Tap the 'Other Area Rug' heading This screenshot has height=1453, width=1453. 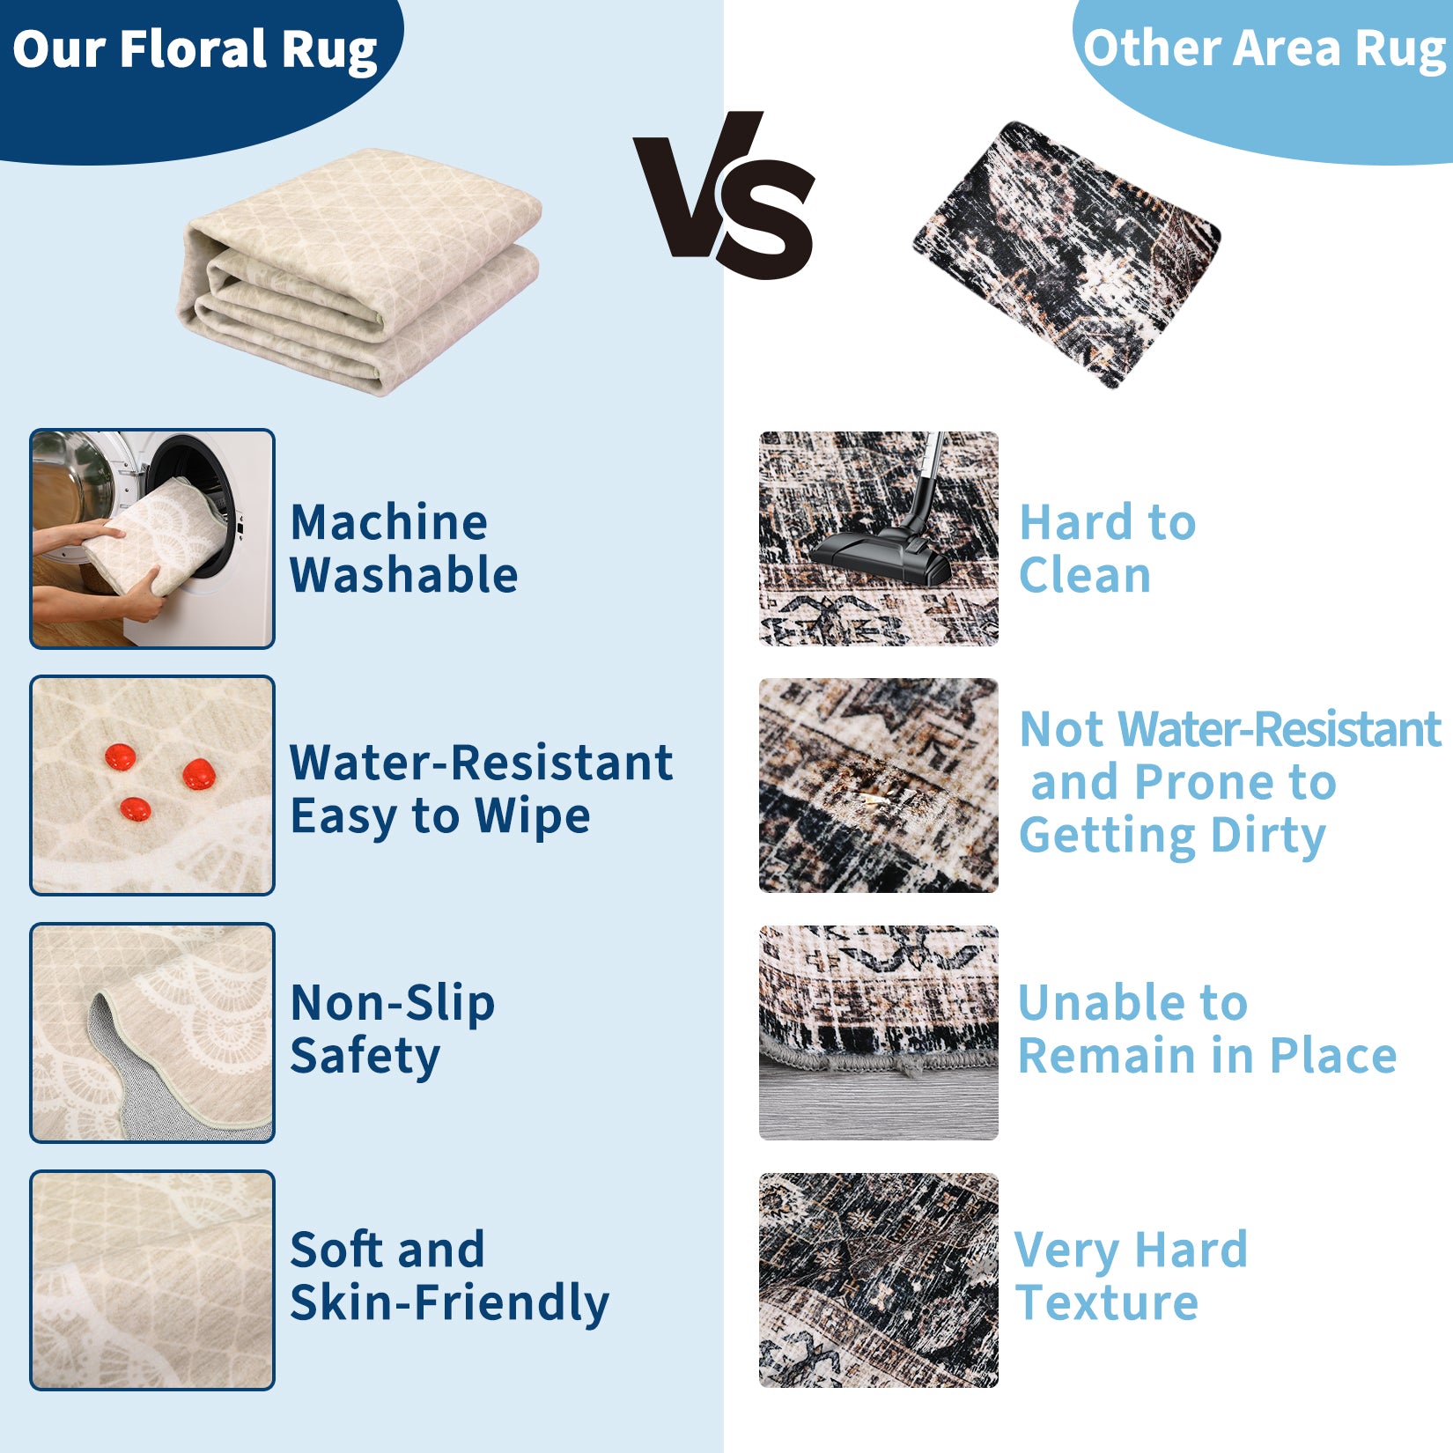(x=1266, y=48)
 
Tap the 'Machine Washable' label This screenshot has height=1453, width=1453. (x=403, y=549)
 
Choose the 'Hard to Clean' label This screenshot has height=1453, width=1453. (x=1108, y=549)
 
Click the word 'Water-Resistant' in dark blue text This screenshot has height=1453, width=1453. (x=482, y=763)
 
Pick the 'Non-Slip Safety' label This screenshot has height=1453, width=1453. (x=393, y=1029)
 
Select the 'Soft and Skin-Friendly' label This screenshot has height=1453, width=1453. (x=449, y=1277)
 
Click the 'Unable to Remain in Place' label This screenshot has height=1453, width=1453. (x=1207, y=1029)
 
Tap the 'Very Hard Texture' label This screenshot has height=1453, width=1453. (x=1132, y=1277)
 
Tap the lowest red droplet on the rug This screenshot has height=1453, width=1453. (x=135, y=808)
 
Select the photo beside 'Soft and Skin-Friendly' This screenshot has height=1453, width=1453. (x=152, y=1280)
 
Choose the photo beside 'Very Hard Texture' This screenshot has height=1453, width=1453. (x=879, y=1280)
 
